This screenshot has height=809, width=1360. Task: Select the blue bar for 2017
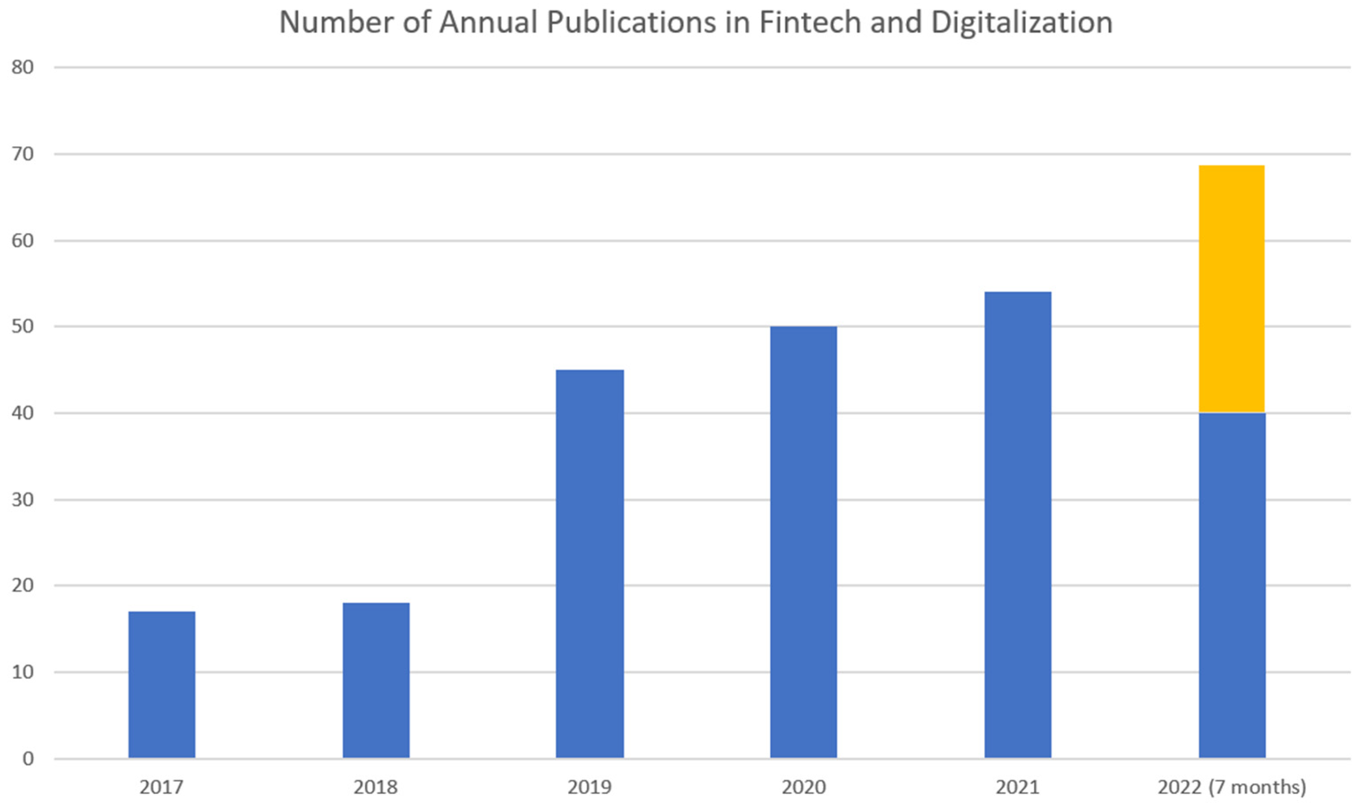point(161,685)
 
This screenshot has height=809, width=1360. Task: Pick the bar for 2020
point(803,542)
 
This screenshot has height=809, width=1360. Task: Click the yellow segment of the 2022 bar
point(1232,289)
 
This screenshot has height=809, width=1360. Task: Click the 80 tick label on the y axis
point(23,68)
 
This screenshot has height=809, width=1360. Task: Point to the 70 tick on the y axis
point(23,154)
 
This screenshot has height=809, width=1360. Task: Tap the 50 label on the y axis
point(23,326)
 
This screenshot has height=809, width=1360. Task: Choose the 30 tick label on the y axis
point(23,500)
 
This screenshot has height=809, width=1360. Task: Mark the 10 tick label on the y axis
point(23,672)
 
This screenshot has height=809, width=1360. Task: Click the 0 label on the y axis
point(28,758)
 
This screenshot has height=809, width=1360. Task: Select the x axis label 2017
point(161,787)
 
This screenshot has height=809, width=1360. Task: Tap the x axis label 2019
point(590,787)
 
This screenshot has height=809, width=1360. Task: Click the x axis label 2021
point(1017,787)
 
